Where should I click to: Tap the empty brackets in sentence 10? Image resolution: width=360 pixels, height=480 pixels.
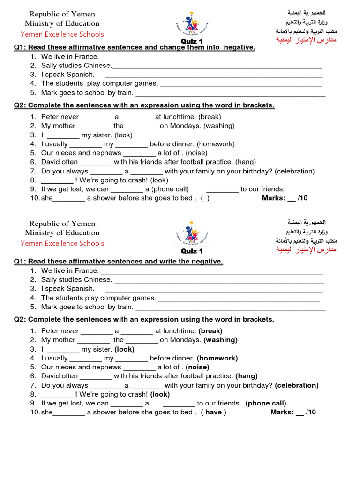coord(205,198)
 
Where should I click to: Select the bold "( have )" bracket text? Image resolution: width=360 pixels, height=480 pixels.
coord(214,412)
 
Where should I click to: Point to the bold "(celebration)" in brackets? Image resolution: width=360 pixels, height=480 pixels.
coord(297,385)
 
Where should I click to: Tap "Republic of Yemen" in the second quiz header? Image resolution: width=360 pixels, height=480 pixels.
coord(62,224)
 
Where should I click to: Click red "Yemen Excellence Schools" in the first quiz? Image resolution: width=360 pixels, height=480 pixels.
coord(62,34)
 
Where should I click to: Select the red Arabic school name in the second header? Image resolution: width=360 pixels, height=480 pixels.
coord(307,249)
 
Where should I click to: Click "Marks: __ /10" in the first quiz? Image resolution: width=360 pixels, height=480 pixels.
coord(285,198)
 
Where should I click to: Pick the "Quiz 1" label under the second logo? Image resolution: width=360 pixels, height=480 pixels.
coord(192,251)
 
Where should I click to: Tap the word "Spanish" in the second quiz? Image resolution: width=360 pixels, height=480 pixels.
coord(80,289)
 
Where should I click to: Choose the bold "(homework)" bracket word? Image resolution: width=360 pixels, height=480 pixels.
coord(217,358)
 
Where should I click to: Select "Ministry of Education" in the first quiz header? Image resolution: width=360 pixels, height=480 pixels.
coord(62,23)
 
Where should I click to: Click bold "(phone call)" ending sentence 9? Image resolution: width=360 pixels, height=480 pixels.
coord(265,403)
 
